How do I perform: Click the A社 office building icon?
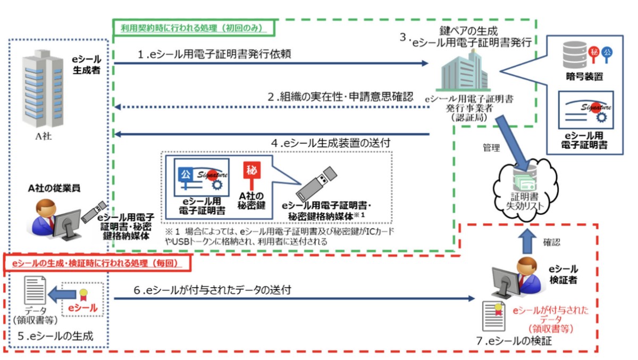(43, 89)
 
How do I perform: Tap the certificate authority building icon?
(464, 71)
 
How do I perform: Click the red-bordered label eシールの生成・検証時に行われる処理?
(97, 263)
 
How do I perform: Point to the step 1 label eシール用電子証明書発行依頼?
(214, 54)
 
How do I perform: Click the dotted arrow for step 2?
(272, 107)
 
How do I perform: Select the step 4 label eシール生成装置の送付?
(331, 143)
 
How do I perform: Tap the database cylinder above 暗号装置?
(575, 55)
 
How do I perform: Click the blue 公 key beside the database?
(607, 55)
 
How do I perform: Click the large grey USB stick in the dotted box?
(316, 184)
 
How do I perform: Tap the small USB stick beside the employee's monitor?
(94, 212)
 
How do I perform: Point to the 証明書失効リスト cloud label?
(525, 201)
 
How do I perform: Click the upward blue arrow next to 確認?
(527, 241)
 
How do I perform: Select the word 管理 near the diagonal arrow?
(491, 147)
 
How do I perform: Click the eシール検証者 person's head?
(527, 266)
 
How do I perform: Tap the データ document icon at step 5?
(35, 290)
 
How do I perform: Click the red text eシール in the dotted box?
(82, 307)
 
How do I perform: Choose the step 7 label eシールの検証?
(514, 341)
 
